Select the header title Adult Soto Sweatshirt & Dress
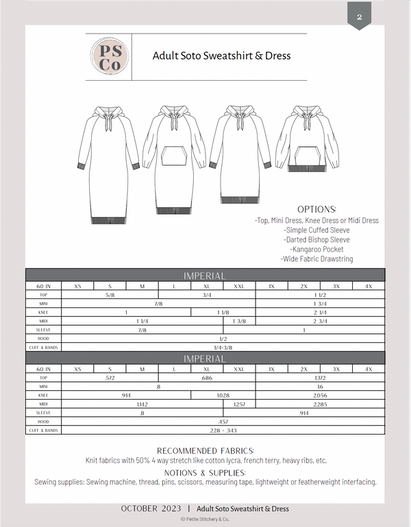[x=221, y=56]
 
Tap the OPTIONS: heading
[x=316, y=209]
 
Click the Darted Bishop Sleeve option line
[x=316, y=240]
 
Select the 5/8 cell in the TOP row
[x=110, y=294]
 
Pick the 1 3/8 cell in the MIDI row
[x=239, y=320]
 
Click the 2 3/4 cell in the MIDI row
[x=320, y=320]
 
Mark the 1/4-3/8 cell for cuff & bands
[x=223, y=347]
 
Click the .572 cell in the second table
[x=110, y=378]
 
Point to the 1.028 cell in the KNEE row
[x=223, y=396]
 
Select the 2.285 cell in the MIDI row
[x=320, y=404]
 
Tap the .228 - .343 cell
[x=223, y=430]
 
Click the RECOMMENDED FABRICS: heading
[x=206, y=451]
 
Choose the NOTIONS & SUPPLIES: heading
[x=206, y=472]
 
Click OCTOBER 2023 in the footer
[x=152, y=509]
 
